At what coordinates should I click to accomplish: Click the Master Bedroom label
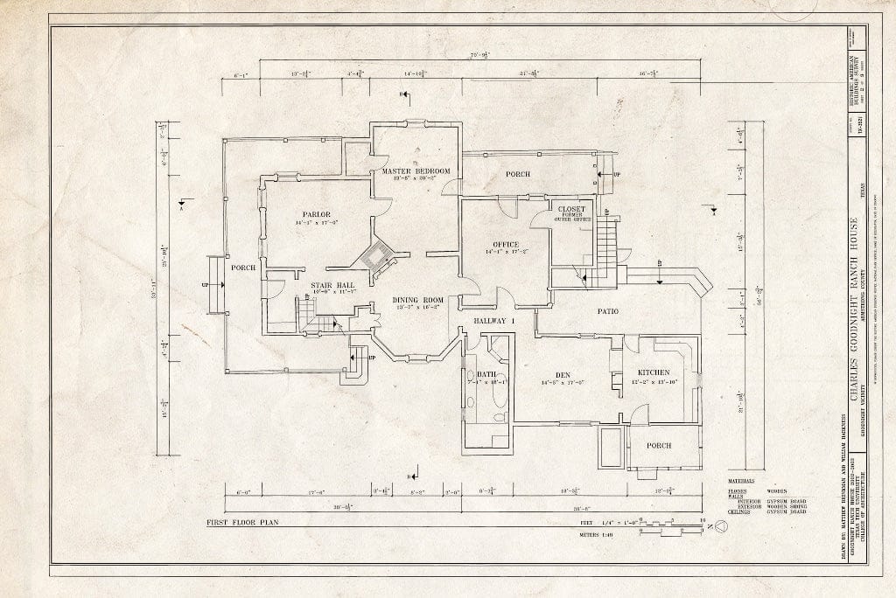(x=416, y=170)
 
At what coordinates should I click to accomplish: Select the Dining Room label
(x=417, y=300)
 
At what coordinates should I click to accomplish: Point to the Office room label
(x=505, y=244)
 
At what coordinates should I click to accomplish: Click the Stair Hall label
(x=332, y=285)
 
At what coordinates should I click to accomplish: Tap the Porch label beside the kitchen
(x=658, y=445)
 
